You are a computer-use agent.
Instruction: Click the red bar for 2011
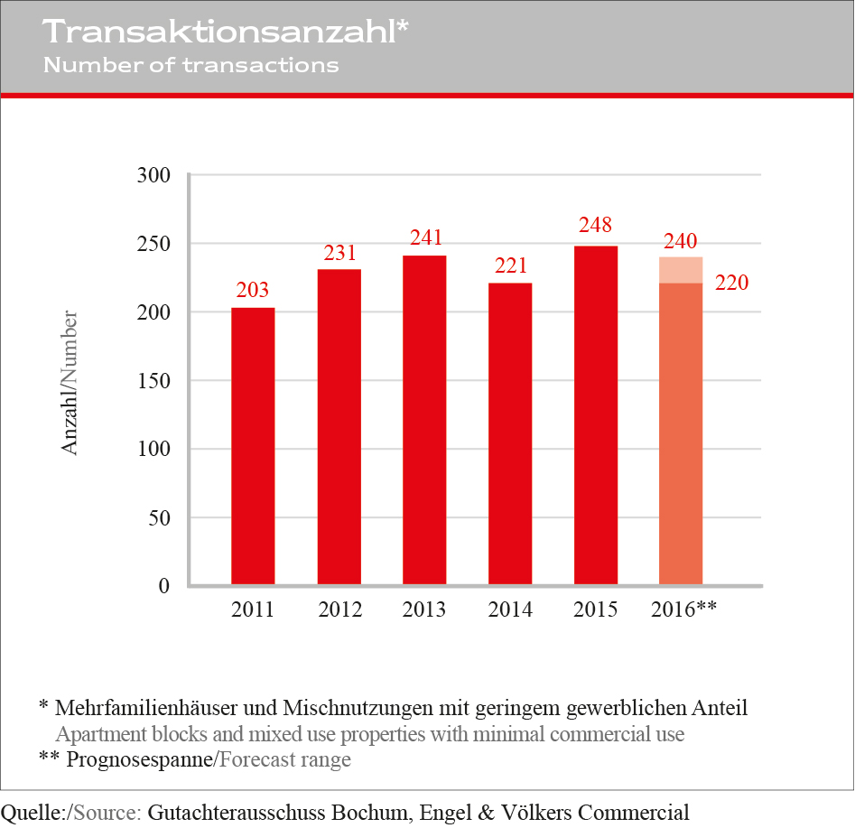(x=253, y=447)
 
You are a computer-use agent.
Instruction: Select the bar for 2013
(x=424, y=420)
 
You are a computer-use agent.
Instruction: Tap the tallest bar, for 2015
(x=596, y=415)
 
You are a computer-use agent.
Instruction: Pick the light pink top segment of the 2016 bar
(x=681, y=270)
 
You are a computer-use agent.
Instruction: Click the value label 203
(x=253, y=290)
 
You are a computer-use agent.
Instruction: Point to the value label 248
(x=596, y=225)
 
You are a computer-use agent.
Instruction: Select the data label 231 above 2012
(x=340, y=252)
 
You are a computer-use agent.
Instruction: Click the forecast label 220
(x=731, y=283)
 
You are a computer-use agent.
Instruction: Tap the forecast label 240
(x=681, y=241)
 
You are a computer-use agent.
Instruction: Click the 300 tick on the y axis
(x=153, y=174)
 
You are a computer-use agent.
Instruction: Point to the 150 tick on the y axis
(x=153, y=380)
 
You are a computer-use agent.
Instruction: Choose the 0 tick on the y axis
(x=163, y=586)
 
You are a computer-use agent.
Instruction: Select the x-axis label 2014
(x=510, y=609)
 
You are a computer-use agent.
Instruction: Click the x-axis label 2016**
(x=683, y=609)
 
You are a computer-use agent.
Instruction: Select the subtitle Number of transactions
(x=191, y=65)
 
